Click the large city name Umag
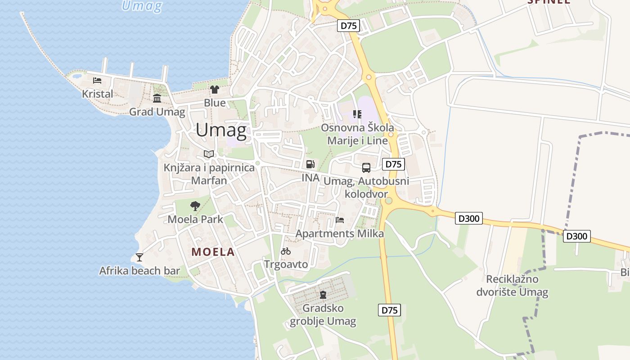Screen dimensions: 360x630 (221, 130)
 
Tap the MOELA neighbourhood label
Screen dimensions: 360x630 (213, 252)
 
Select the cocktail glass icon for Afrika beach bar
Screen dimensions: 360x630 (139, 257)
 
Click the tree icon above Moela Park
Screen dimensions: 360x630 (195, 206)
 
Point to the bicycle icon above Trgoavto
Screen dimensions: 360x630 (286, 251)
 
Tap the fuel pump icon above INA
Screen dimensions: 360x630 (310, 164)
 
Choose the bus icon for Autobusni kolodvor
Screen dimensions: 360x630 (366, 168)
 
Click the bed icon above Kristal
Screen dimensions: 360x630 (97, 81)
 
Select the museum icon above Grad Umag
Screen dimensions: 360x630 (157, 98)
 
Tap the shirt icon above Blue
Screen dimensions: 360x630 (215, 90)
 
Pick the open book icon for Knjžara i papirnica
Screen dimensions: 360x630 (208, 154)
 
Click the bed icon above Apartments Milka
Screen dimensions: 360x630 (340, 220)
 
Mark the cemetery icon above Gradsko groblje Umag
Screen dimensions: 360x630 (323, 295)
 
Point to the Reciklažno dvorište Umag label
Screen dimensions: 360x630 (513, 286)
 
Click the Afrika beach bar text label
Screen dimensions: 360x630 (139, 271)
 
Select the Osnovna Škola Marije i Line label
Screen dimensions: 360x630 (357, 134)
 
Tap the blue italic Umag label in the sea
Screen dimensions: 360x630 (142, 6)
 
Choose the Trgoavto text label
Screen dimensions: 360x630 (286, 264)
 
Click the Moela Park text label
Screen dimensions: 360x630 (195, 220)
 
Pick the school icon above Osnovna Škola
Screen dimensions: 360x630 (357, 114)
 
